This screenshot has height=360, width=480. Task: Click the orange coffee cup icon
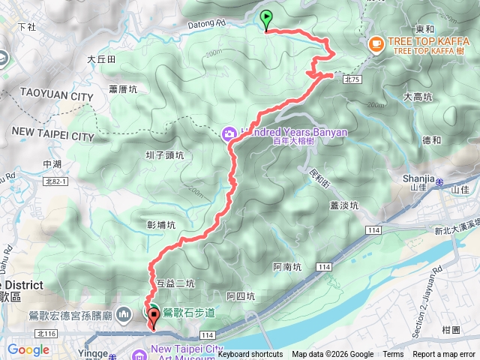pos(376,44)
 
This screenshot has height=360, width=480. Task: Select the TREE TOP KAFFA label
pos(425,42)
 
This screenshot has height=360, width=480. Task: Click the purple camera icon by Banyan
pos(229,133)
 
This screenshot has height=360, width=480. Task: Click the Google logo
pos(28,349)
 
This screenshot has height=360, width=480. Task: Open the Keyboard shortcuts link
pos(250,355)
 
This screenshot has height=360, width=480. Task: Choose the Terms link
pos(393,355)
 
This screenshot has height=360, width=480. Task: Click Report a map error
pos(445,355)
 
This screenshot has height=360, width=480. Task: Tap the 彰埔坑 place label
pos(161,224)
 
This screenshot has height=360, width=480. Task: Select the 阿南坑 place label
pos(287,266)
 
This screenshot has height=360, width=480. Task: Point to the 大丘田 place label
pos(101,58)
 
